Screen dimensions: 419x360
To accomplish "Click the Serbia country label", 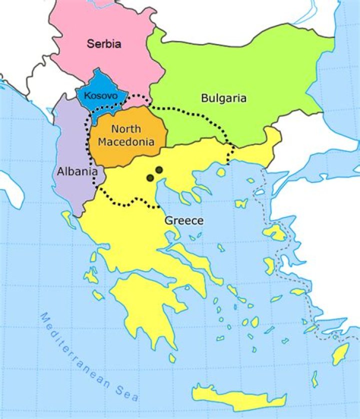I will click(x=104, y=43).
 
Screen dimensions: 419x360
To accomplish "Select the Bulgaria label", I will click(x=223, y=98).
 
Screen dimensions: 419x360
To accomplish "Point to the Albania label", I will click(x=76, y=171).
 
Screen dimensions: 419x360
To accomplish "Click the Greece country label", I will click(x=184, y=220).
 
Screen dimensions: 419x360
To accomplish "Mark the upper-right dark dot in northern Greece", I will click(x=159, y=170).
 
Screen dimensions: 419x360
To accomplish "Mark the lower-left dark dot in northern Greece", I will click(x=150, y=177).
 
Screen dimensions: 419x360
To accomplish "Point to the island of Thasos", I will click(x=220, y=172).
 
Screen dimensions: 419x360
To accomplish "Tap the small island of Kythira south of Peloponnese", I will click(x=172, y=358).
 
